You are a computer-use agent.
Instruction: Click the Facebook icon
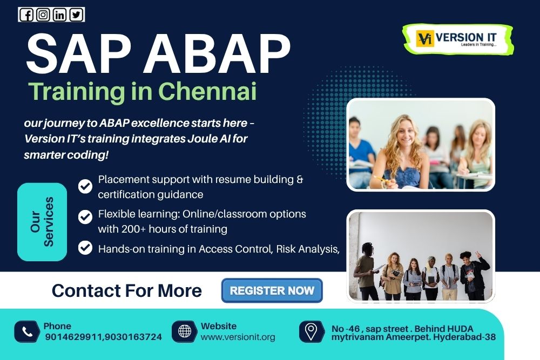point(26,15)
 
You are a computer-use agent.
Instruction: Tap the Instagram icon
point(43,15)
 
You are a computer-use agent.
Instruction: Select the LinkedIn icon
point(59,15)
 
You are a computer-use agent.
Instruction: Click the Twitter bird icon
point(76,15)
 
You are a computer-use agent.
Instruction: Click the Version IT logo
point(457,39)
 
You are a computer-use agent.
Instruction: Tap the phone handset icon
point(26,331)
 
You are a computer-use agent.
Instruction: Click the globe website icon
point(184,331)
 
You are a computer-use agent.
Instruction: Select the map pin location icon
point(312,331)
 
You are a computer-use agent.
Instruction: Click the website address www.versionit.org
point(238,337)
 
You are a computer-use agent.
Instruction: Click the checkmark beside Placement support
point(85,186)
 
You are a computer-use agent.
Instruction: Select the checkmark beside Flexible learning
point(85,217)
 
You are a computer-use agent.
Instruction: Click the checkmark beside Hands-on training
point(85,248)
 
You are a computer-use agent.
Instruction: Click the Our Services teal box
point(42,221)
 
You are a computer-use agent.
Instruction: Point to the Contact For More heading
point(126,291)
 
